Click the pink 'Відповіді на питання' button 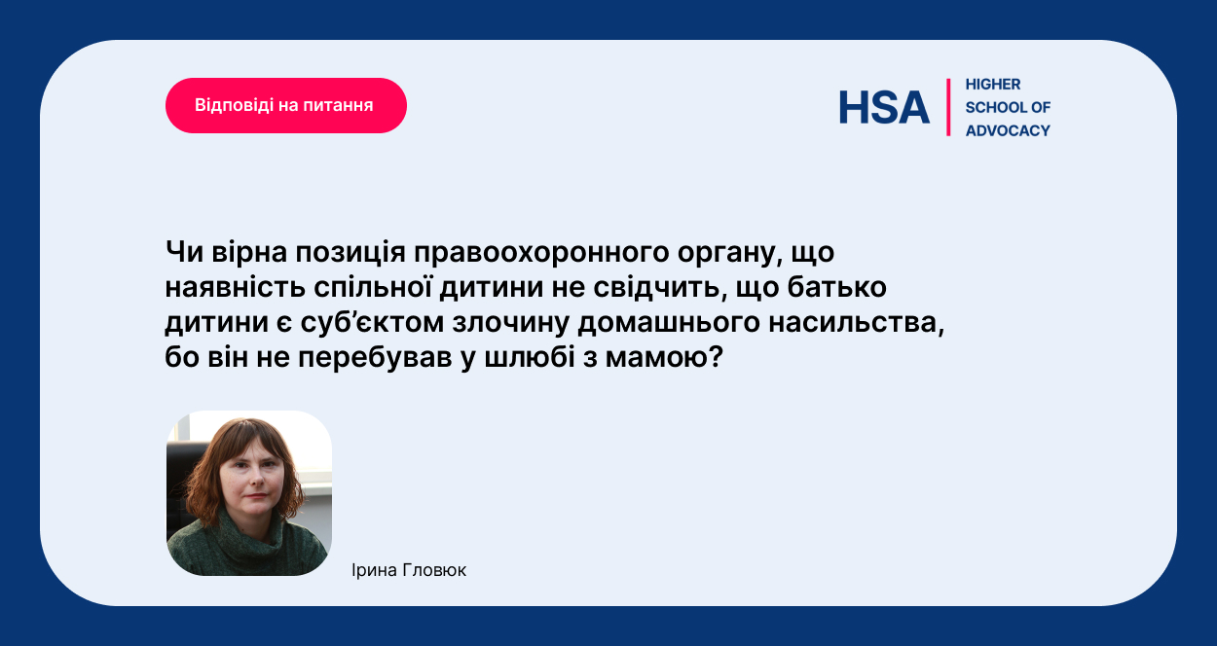pos(286,105)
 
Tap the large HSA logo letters pos(884,107)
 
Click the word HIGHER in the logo pos(993,85)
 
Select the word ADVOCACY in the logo pos(1008,130)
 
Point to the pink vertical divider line pos(948,107)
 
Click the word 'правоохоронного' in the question pos(541,253)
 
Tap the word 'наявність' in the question pos(235,287)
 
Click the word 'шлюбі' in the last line pos(530,358)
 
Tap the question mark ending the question pos(716,357)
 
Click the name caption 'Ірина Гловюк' pos(409,570)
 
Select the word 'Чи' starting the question pos(184,252)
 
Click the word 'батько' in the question pos(836,287)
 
